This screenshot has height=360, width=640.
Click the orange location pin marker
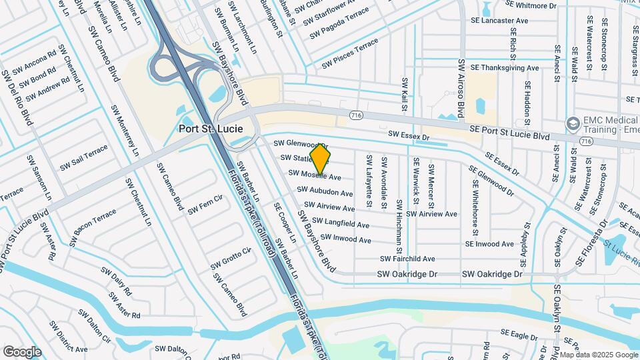[320, 159]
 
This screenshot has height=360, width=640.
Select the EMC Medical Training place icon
[572, 123]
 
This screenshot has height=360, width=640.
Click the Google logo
[22, 351]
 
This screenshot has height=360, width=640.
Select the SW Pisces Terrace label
[350, 54]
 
